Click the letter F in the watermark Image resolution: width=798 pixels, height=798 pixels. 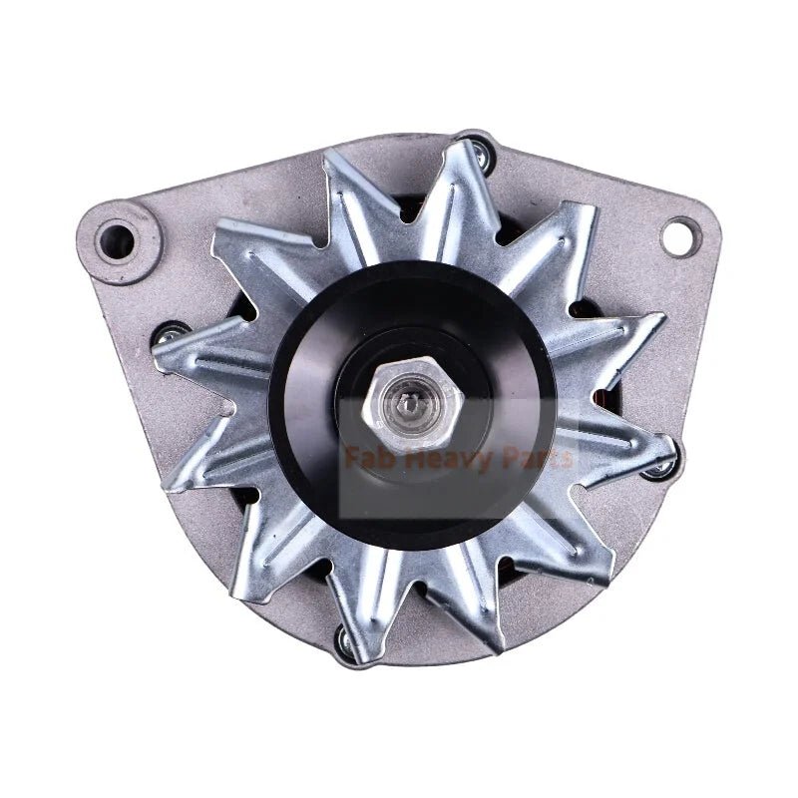tap(350, 459)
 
